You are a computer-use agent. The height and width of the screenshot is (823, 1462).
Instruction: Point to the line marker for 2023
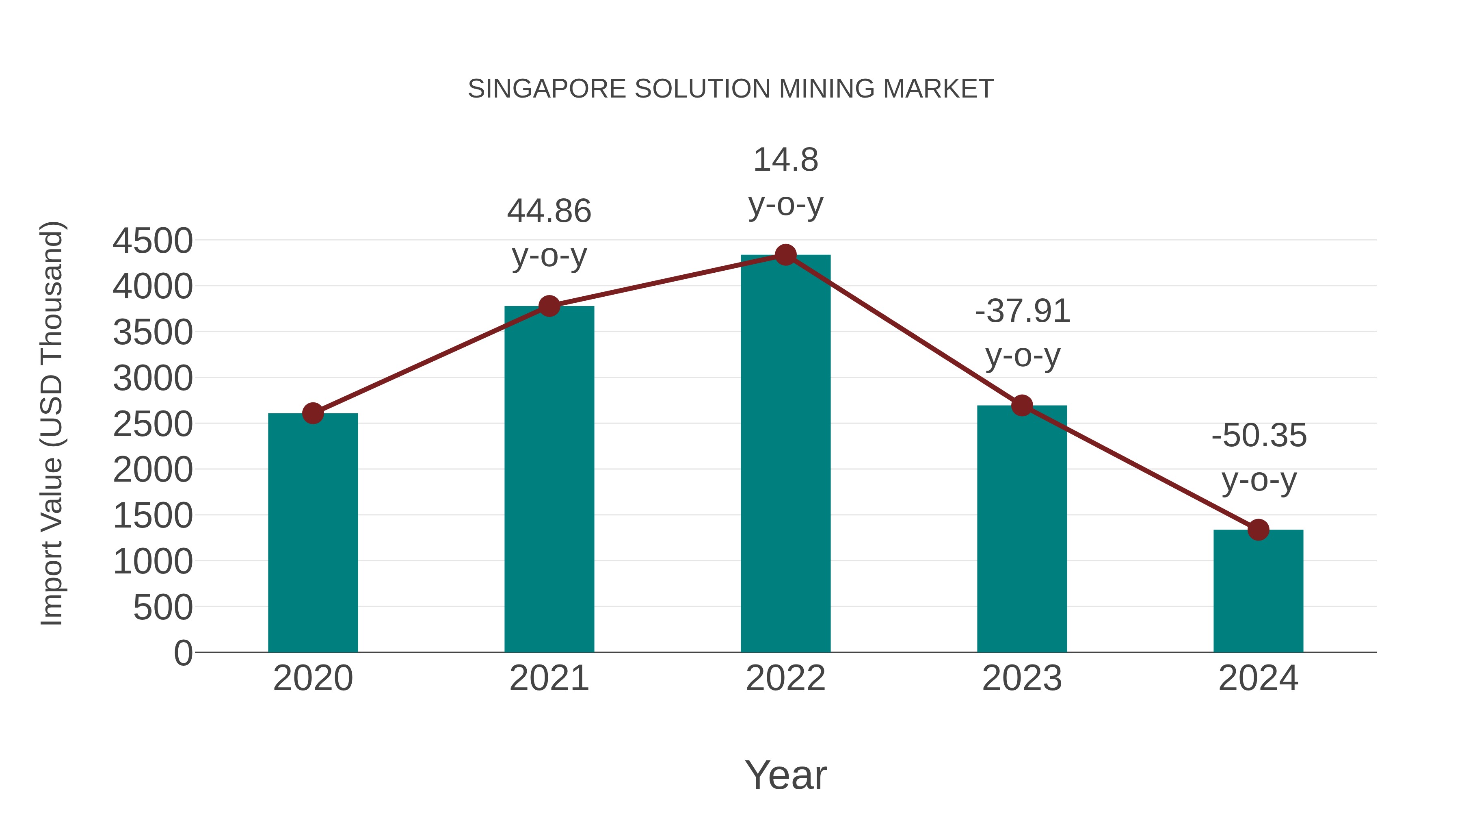coord(1022,406)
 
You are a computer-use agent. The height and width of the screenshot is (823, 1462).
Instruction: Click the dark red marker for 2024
coord(1258,530)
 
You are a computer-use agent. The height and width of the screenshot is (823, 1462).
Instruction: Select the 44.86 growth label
coord(549,211)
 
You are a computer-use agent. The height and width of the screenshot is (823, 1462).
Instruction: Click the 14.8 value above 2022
coord(785,160)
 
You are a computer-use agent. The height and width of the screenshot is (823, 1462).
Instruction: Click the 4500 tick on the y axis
coord(153,241)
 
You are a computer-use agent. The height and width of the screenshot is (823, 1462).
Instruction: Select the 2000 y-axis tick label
coord(153,470)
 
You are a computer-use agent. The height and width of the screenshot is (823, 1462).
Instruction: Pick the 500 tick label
coord(163,608)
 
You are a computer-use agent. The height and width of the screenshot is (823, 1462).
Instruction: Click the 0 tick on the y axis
coord(183,653)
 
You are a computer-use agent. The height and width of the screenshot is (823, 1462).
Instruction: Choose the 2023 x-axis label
coord(1022,678)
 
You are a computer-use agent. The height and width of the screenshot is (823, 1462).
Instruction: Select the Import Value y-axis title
coord(52,423)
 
